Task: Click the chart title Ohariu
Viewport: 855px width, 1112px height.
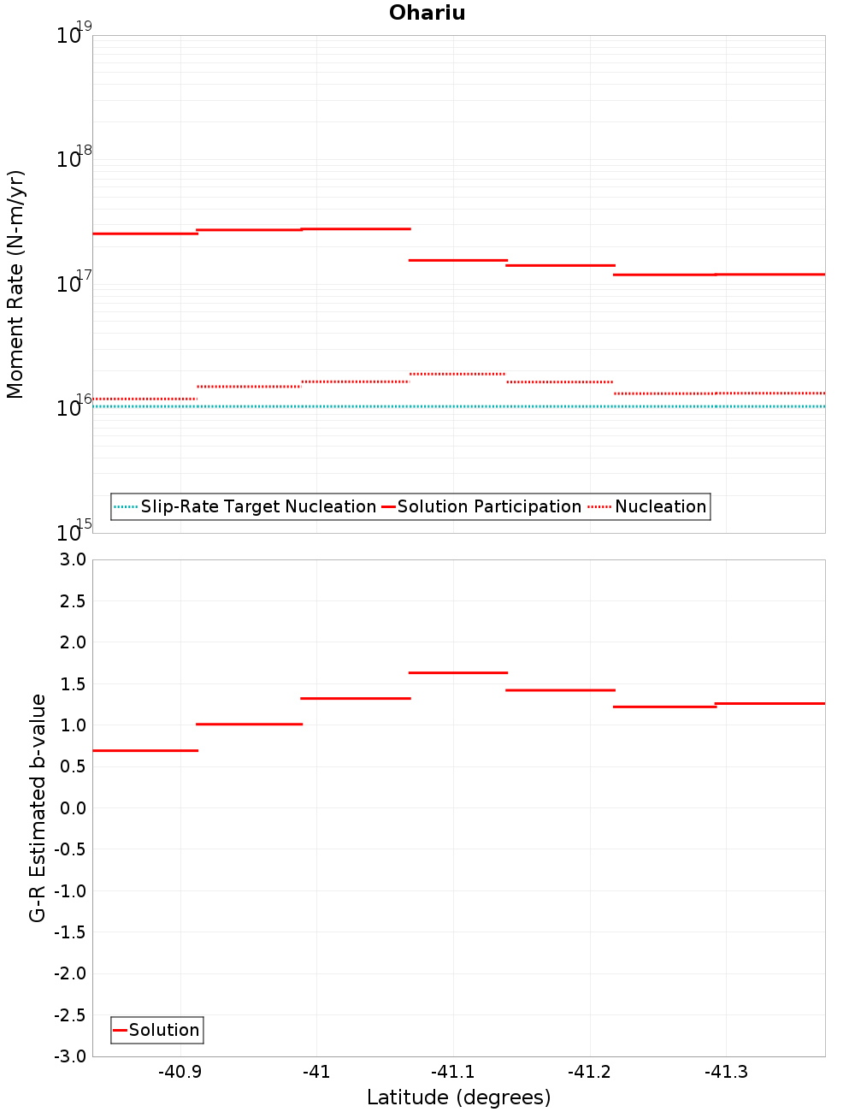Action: point(427,13)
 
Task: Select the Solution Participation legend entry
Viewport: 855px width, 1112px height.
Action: point(481,506)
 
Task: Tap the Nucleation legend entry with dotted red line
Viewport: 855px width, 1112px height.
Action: point(648,506)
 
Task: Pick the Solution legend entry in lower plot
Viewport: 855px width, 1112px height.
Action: point(156,1030)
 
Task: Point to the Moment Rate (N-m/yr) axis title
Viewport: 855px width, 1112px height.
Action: point(15,284)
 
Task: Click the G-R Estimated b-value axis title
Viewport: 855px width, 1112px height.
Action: point(38,807)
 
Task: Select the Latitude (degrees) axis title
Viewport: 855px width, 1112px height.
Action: point(458,1097)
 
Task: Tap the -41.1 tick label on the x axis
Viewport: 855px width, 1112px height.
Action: point(452,1072)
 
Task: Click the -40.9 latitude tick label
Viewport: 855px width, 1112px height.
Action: point(180,1072)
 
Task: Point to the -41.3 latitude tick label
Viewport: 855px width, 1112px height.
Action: point(726,1072)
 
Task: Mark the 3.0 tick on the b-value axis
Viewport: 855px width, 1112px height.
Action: point(69,559)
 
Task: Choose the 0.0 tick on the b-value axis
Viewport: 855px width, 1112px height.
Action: point(69,807)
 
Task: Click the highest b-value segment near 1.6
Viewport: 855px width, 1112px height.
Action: point(457,672)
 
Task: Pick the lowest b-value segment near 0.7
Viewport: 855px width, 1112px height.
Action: point(144,750)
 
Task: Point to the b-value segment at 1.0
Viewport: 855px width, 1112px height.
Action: point(249,724)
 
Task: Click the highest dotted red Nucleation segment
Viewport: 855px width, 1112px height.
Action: point(457,374)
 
